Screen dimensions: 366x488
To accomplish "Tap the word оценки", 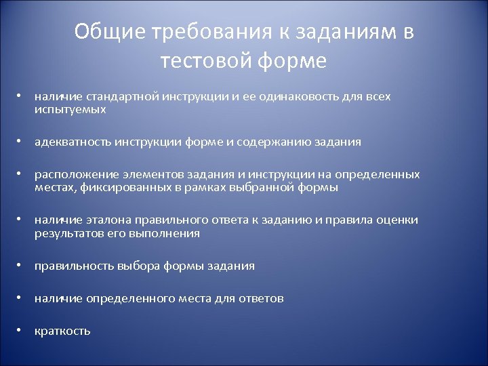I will [x=399, y=220].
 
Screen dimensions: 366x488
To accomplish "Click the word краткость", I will [x=62, y=331].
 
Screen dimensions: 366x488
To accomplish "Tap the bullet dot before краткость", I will [x=22, y=330].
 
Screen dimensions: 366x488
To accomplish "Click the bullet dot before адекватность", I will [x=22, y=142].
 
